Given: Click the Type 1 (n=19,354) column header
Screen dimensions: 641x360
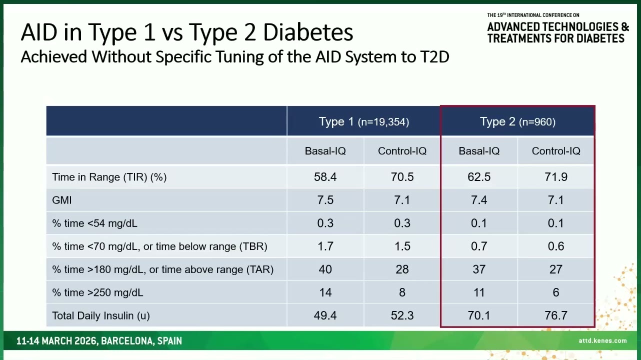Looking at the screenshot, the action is tap(363, 121).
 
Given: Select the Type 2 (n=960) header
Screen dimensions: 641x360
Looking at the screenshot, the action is tap(517, 121).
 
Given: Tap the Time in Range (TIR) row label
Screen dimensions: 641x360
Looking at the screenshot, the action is tap(109, 177).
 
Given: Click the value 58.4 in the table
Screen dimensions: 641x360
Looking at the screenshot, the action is tap(325, 177).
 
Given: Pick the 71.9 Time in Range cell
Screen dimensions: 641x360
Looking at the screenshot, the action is tap(555, 177).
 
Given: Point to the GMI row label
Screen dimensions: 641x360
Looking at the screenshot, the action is tap(62, 200).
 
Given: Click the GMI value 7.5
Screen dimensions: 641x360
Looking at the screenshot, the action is tap(325, 200).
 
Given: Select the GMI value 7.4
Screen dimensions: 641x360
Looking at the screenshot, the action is tap(478, 200).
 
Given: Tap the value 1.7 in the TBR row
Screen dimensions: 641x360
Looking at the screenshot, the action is tap(325, 246).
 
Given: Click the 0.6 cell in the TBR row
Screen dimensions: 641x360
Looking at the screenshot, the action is tap(555, 246).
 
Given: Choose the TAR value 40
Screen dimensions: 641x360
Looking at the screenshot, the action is tap(325, 269).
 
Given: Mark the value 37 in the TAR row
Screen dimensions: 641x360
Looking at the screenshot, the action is tap(478, 269).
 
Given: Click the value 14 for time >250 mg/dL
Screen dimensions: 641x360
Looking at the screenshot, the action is tap(325, 292).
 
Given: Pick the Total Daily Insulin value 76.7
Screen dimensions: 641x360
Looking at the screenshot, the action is tap(555, 315).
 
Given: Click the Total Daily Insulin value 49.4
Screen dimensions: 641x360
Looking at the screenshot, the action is tap(325, 315).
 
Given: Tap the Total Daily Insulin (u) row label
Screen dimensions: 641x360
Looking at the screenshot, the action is tap(100, 315).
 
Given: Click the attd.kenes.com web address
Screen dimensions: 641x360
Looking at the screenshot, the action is tap(602, 340).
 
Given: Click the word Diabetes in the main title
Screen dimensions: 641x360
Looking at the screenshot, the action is tap(308, 32).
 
